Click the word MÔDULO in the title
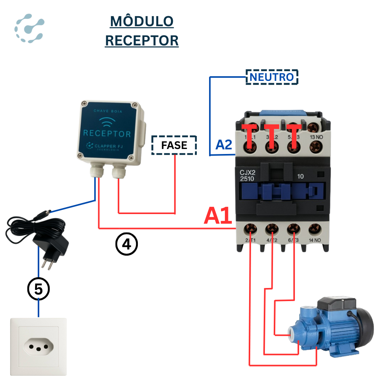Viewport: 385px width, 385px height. click(142, 22)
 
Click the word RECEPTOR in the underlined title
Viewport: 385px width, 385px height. click(142, 40)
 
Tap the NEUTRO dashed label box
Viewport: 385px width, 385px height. click(272, 77)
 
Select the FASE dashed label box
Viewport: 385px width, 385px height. click(174, 145)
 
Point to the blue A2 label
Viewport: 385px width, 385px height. click(223, 145)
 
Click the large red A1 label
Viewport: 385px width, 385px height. click(218, 216)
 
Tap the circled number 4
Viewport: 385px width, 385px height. click(127, 244)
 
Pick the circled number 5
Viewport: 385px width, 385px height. click(38, 290)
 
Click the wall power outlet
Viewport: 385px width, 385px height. click(38, 346)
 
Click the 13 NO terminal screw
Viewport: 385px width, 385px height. click(316, 145)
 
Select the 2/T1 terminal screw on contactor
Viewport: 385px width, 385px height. click(251, 229)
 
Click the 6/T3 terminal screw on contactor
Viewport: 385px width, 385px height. click(294, 229)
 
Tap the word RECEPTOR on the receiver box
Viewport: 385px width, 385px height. click(107, 134)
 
